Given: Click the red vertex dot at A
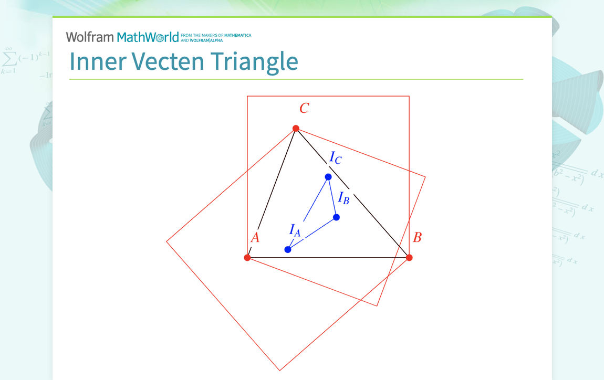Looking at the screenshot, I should [x=247, y=258].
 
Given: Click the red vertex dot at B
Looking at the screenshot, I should [x=409, y=258].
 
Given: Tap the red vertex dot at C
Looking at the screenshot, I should [x=296, y=128].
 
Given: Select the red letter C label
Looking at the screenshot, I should [x=304, y=109].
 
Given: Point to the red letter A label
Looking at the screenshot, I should [x=255, y=238].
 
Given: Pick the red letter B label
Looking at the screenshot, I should [x=417, y=238].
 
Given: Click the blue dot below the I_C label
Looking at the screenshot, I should [x=328, y=177].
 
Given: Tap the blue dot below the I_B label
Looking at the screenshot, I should [x=336, y=217].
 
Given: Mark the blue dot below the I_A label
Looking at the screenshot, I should [x=288, y=249].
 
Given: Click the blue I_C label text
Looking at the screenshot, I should [x=335, y=157].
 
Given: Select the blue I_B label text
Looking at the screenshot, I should [x=343, y=198].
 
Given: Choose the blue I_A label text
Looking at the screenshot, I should [x=295, y=230].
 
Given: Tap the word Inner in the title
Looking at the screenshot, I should [x=97, y=61].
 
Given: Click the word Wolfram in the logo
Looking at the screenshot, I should [x=90, y=37].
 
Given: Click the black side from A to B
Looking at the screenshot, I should [x=328, y=258].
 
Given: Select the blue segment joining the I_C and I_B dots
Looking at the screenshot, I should [x=332, y=197].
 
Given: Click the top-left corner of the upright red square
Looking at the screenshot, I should [x=247, y=96].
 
